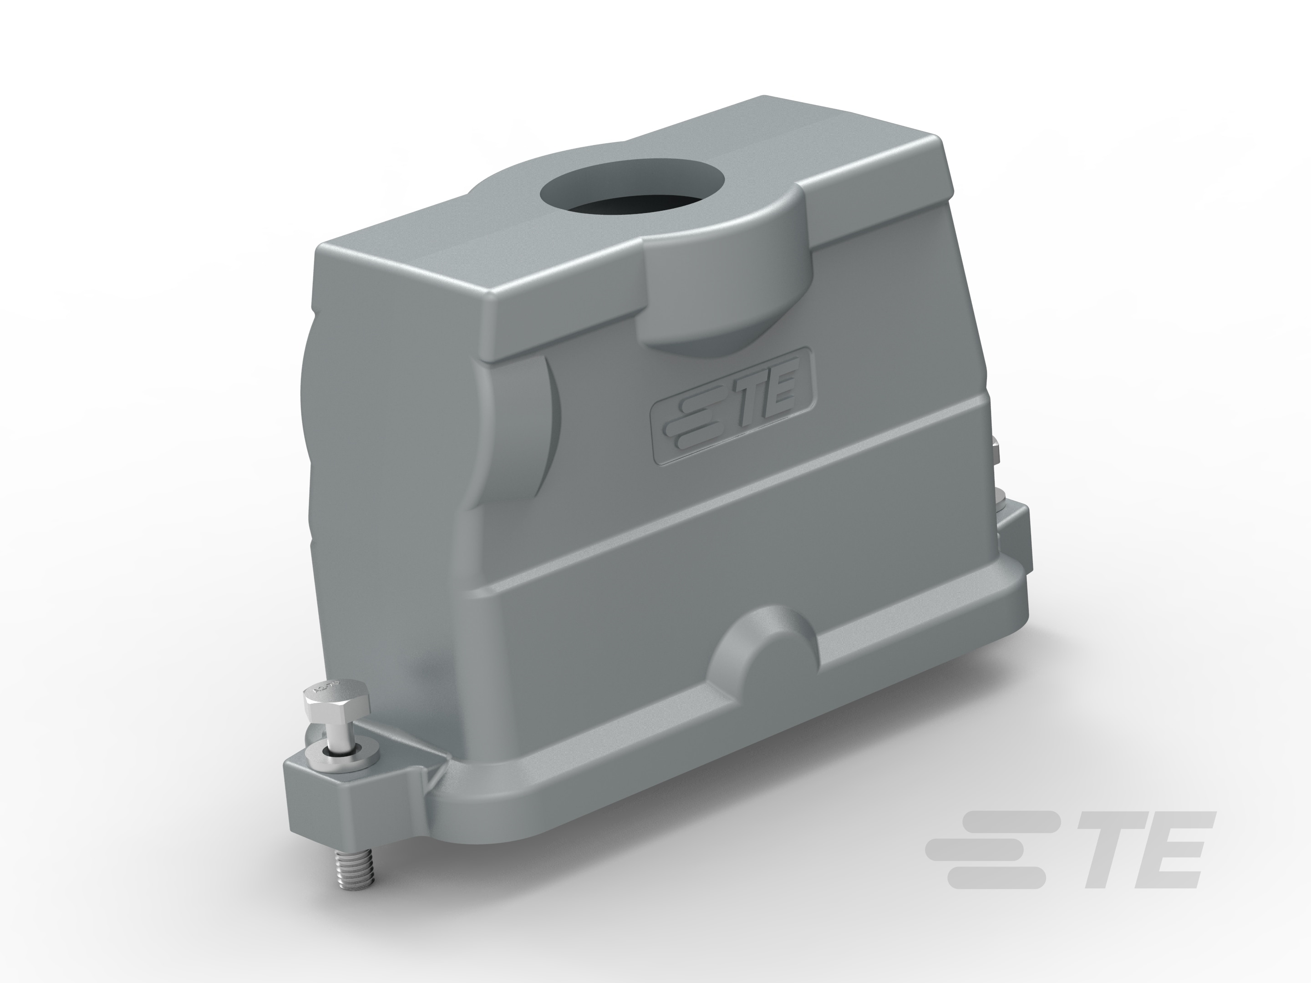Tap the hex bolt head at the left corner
pos(335,703)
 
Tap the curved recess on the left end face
pos(522,432)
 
